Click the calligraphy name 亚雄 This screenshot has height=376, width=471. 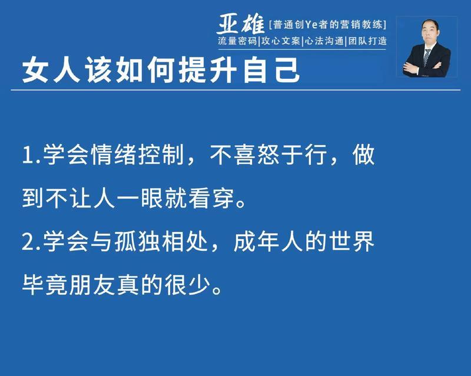click(240, 23)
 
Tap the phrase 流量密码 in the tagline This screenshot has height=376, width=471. click(237, 41)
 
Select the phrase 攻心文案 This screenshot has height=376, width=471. click(281, 41)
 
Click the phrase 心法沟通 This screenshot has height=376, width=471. click(324, 41)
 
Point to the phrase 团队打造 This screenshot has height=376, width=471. click(367, 41)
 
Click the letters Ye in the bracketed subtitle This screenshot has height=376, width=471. click(311, 25)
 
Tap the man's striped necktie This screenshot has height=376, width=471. click(426, 57)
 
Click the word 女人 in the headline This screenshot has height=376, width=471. click(51, 70)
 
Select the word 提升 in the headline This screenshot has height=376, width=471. click(208, 70)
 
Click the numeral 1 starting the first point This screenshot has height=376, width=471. click(27, 155)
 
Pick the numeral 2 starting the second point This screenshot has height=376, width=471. click(28, 241)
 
